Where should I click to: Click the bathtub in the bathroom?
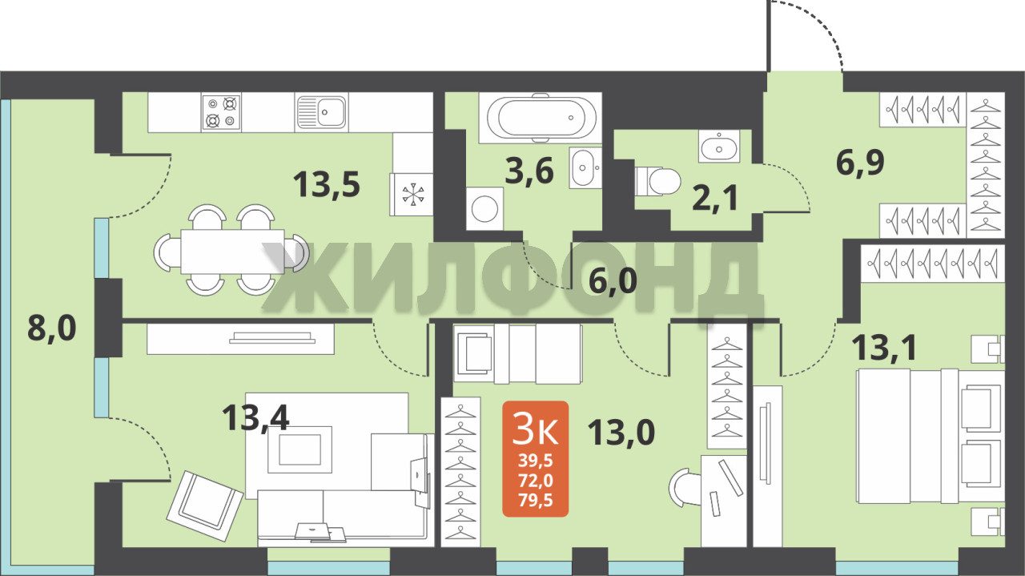coord(541,118)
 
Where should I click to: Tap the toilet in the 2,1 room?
coord(657,181)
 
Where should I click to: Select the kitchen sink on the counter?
coord(321,112)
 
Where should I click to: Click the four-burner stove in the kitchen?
coord(222,112)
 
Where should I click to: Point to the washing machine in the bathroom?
coord(484,208)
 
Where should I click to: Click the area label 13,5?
coord(326,184)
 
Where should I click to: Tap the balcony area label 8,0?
coord(52,328)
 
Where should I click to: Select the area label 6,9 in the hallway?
coord(860,163)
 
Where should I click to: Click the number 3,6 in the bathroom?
coord(529,171)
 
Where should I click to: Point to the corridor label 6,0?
coord(613,280)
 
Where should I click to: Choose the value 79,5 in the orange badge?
coord(536,500)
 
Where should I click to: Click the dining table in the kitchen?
coord(232,252)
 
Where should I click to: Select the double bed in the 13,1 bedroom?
coord(931,437)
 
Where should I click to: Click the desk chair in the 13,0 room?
coord(685,487)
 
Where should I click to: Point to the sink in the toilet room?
coord(719,146)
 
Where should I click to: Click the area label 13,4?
coord(255,417)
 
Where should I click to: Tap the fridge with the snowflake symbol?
coord(412,195)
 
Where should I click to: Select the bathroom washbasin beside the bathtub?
coord(585,167)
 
